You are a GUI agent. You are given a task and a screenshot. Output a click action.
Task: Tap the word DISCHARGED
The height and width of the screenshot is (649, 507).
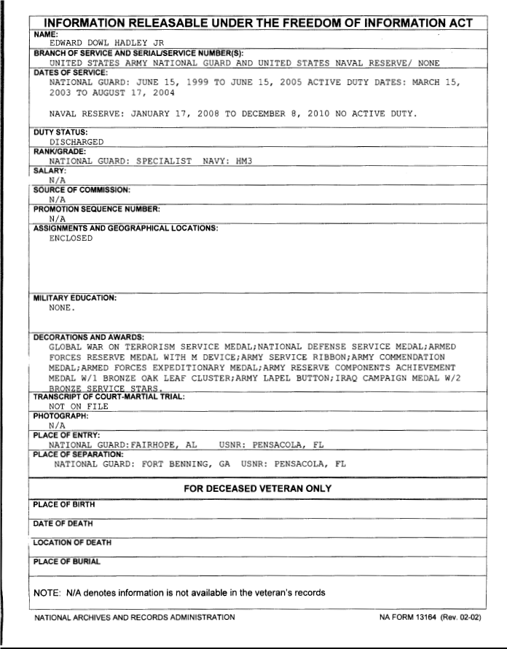(x=76, y=142)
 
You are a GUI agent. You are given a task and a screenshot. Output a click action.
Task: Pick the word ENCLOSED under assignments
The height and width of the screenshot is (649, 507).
(x=71, y=238)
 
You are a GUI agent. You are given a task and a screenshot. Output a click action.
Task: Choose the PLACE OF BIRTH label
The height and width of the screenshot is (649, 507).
(x=64, y=503)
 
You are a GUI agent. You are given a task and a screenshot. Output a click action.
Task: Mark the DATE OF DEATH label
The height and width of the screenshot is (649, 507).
(x=63, y=524)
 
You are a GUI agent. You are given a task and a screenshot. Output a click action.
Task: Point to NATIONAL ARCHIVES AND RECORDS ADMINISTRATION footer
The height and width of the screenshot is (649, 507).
(x=135, y=618)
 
